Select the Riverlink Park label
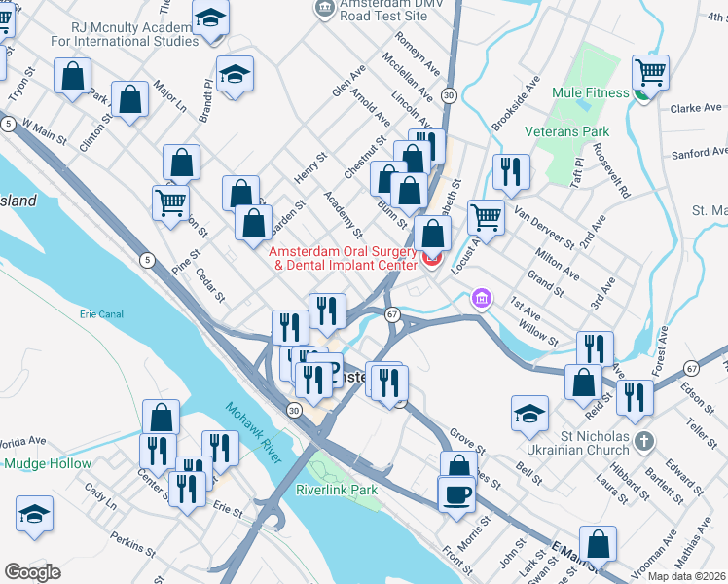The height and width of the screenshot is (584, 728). (336, 491)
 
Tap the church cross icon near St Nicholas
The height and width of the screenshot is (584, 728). (641, 443)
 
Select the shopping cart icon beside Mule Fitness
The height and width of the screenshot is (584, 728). (649, 71)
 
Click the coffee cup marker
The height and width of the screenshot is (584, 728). (456, 494)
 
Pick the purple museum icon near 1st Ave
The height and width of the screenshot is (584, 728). (480, 298)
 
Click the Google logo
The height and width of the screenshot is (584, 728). (32, 571)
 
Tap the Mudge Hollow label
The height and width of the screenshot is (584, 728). (48, 464)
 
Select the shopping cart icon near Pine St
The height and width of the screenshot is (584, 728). (170, 203)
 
